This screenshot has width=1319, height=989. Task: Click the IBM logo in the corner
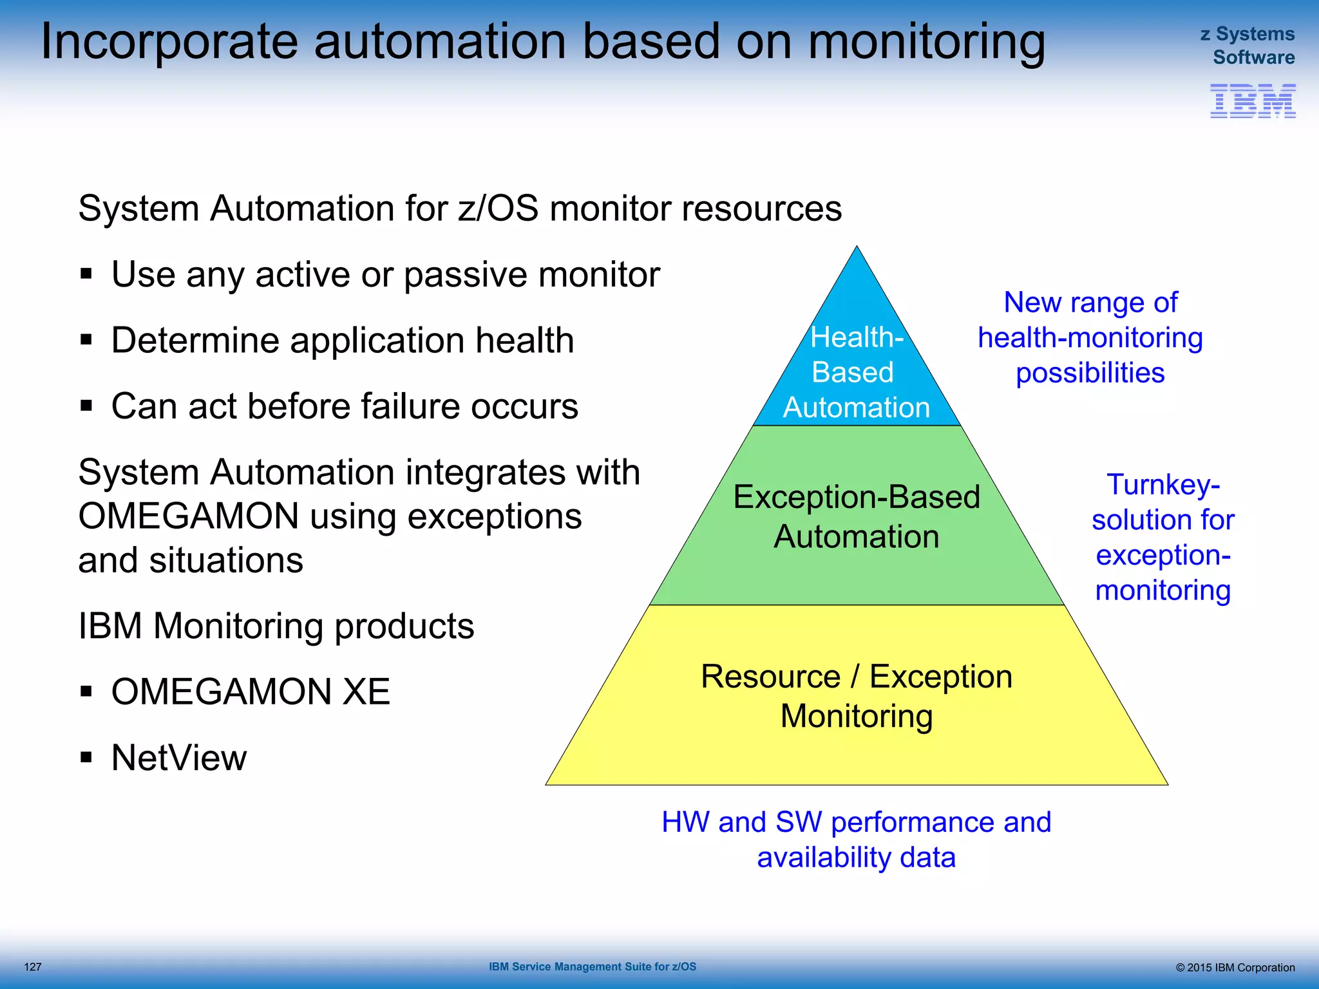[x=1252, y=101]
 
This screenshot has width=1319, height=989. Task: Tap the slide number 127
[x=33, y=966]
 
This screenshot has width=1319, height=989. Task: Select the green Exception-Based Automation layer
[x=857, y=567]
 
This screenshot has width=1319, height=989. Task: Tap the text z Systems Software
[x=1248, y=45]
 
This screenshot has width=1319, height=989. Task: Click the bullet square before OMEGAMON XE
[x=86, y=692]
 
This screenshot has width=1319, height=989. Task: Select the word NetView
[x=178, y=757]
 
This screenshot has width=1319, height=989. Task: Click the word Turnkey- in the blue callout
[x=1163, y=484]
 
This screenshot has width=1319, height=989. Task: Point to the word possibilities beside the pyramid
[x=1090, y=373]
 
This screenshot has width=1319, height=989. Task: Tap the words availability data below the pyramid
[x=856, y=858]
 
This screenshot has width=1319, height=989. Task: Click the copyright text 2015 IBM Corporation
[x=1240, y=967]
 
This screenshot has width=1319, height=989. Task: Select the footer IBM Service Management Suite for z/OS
[x=592, y=966]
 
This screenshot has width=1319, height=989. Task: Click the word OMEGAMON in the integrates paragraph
[x=188, y=516]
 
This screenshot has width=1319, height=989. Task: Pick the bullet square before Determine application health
[x=86, y=339]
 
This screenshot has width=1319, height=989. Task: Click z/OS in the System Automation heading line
[x=498, y=209]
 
